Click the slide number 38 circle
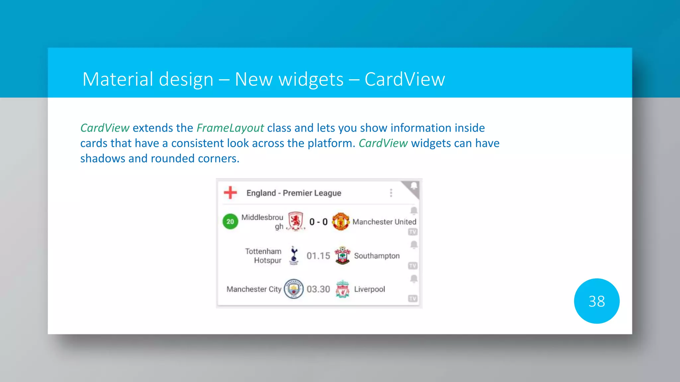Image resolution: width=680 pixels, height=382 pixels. click(596, 301)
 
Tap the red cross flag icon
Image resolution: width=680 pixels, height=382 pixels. click(230, 192)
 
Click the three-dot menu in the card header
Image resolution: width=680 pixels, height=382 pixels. click(391, 193)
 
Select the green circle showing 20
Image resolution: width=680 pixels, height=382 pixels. click(230, 222)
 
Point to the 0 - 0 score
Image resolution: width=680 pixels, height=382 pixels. click(318, 222)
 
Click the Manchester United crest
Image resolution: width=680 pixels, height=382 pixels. click(341, 222)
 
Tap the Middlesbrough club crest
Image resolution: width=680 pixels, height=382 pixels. click(296, 221)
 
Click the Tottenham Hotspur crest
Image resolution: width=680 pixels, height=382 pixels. click(294, 255)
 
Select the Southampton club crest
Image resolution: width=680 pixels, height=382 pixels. click(342, 255)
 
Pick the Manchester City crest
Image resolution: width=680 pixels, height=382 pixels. click(294, 289)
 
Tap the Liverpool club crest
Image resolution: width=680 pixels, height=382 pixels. click(342, 289)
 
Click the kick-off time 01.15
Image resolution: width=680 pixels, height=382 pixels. click(318, 256)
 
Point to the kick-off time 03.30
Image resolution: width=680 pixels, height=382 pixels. click(318, 289)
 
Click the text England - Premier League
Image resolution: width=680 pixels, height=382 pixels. click(294, 193)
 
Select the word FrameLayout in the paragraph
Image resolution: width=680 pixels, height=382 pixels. click(230, 128)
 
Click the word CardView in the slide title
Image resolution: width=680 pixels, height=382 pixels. click(404, 80)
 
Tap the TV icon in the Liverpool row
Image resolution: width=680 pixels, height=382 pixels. click(413, 298)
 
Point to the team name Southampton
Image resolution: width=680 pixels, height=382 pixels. click(377, 256)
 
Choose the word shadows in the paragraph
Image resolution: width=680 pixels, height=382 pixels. click(103, 159)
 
